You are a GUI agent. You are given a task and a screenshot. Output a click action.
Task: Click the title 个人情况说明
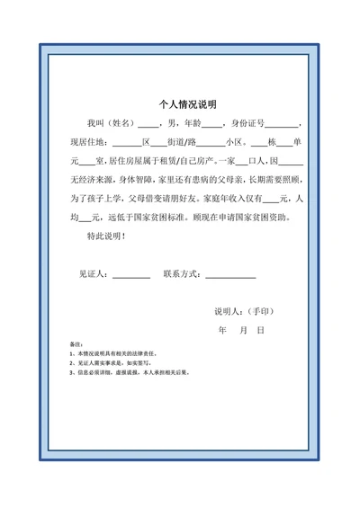click(180, 103)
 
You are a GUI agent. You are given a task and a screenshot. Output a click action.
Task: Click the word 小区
click(236, 142)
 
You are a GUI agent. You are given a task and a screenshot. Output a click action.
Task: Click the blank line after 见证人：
click(131, 275)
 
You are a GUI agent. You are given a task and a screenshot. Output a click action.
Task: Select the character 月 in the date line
click(242, 331)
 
